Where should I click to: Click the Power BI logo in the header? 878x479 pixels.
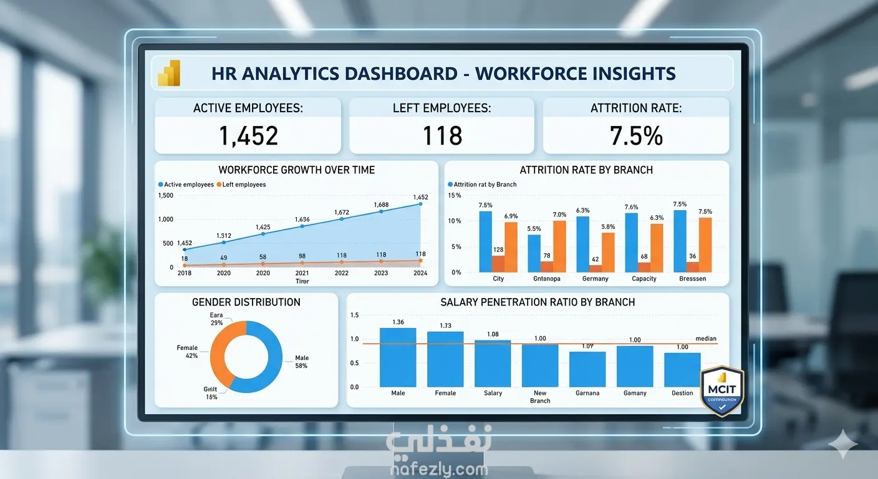point(169,73)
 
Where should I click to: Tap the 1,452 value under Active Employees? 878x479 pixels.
point(248,135)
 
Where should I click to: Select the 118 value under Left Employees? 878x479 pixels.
point(442,135)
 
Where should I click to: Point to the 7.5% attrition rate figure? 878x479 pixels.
point(636,135)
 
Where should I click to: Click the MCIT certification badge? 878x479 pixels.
point(723,390)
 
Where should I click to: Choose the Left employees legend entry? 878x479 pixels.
point(244,185)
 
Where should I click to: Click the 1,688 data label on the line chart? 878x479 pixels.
point(381,205)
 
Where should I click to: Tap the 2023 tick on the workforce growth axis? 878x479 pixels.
point(380,273)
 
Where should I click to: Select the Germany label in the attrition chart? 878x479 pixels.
point(595,279)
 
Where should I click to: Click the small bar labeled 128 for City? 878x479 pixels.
point(498,264)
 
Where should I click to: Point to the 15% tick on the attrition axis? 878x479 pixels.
point(455,195)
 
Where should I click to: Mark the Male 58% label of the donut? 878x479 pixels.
point(302,362)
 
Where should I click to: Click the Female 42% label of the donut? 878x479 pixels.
point(187,352)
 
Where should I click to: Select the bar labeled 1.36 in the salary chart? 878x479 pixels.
point(398,357)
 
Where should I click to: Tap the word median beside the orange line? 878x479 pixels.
point(706,339)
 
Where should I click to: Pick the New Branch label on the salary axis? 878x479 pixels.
point(540,397)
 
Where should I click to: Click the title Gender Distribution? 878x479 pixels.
point(246,302)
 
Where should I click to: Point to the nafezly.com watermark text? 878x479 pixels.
point(439,469)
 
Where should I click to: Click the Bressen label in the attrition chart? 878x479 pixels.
point(693,279)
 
